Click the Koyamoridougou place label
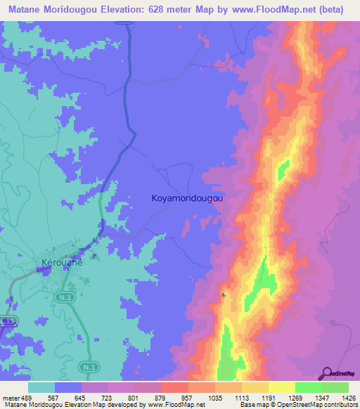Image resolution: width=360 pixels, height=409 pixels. tap(188, 199)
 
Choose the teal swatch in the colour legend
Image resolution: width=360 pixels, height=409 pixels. tap(41, 387)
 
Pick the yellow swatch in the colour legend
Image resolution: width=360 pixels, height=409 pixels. tap(282, 387)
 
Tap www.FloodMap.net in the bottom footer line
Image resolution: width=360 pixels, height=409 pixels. tap(172, 405)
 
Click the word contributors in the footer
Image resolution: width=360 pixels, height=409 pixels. tap(338, 405)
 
